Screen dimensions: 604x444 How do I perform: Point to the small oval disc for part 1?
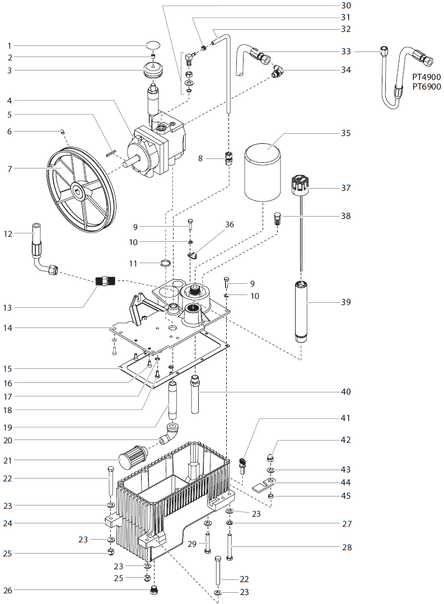153,45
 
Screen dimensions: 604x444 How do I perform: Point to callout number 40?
346,392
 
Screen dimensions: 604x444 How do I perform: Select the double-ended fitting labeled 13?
106,281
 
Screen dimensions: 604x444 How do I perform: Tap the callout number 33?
346,51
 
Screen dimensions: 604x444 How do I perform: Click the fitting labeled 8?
228,158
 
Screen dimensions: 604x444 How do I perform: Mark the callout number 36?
228,224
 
